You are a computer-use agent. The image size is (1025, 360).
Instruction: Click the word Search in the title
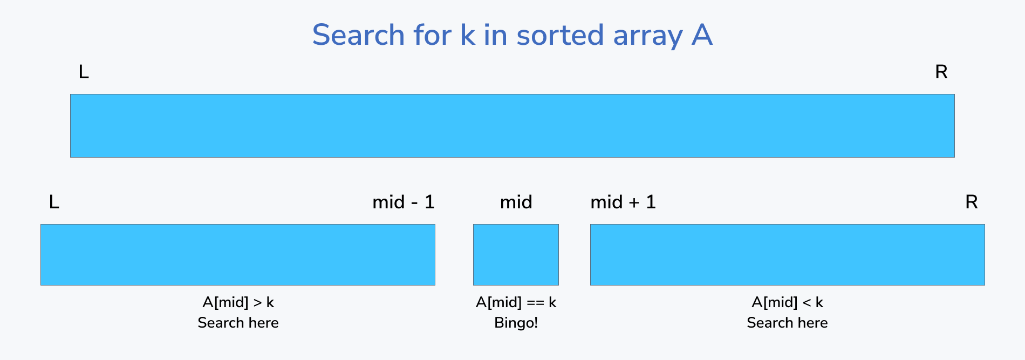pos(358,35)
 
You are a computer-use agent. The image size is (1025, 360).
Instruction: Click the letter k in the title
pos(467,35)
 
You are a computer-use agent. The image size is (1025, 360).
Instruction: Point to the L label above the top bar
pos(84,72)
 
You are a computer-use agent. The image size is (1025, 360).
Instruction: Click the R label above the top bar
pos(941,72)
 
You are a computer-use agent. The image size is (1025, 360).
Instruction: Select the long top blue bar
pos(512,126)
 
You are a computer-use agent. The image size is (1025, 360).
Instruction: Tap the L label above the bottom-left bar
pos(54,202)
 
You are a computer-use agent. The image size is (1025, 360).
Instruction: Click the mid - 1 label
pos(403,202)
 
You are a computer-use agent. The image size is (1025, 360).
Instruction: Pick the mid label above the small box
pos(516,202)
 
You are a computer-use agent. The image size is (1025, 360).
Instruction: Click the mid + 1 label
pos(623,202)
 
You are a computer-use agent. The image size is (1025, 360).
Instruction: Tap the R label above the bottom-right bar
pos(971,202)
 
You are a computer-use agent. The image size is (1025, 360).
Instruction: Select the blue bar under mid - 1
pos(237,255)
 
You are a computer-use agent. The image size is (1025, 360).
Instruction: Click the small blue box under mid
pos(516,255)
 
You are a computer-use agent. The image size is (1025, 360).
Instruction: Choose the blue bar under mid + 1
pos(787,255)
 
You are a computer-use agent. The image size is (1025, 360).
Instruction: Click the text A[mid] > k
pos(238,302)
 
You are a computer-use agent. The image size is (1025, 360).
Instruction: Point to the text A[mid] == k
pos(516,302)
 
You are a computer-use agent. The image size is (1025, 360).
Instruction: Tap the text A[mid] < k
pos(787,302)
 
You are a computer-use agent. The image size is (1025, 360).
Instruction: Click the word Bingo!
pos(516,323)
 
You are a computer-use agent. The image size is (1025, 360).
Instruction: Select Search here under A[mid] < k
pos(787,323)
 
